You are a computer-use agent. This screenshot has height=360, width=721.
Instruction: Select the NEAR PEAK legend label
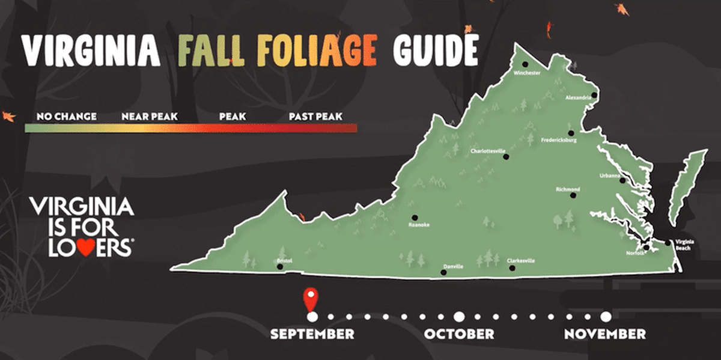(x=150, y=116)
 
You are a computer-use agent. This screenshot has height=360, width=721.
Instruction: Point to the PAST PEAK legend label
(x=315, y=116)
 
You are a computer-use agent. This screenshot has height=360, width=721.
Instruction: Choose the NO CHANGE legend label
(x=67, y=116)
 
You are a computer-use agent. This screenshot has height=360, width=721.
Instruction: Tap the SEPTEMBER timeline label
(x=312, y=334)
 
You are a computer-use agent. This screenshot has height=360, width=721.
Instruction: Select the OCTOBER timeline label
(x=459, y=334)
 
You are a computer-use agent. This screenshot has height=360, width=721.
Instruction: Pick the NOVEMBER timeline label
(x=605, y=334)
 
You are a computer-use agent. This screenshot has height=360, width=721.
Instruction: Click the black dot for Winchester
(x=525, y=64)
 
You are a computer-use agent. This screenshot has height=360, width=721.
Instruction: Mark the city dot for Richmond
(x=573, y=195)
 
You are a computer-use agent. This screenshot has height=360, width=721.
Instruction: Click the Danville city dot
(x=443, y=272)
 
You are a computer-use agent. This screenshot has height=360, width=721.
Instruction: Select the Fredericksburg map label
(x=559, y=140)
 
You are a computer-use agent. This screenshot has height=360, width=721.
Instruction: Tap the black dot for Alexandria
(x=594, y=95)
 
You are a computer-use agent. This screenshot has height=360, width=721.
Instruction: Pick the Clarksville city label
(x=521, y=261)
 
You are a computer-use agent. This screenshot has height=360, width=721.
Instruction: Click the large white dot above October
(x=459, y=317)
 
